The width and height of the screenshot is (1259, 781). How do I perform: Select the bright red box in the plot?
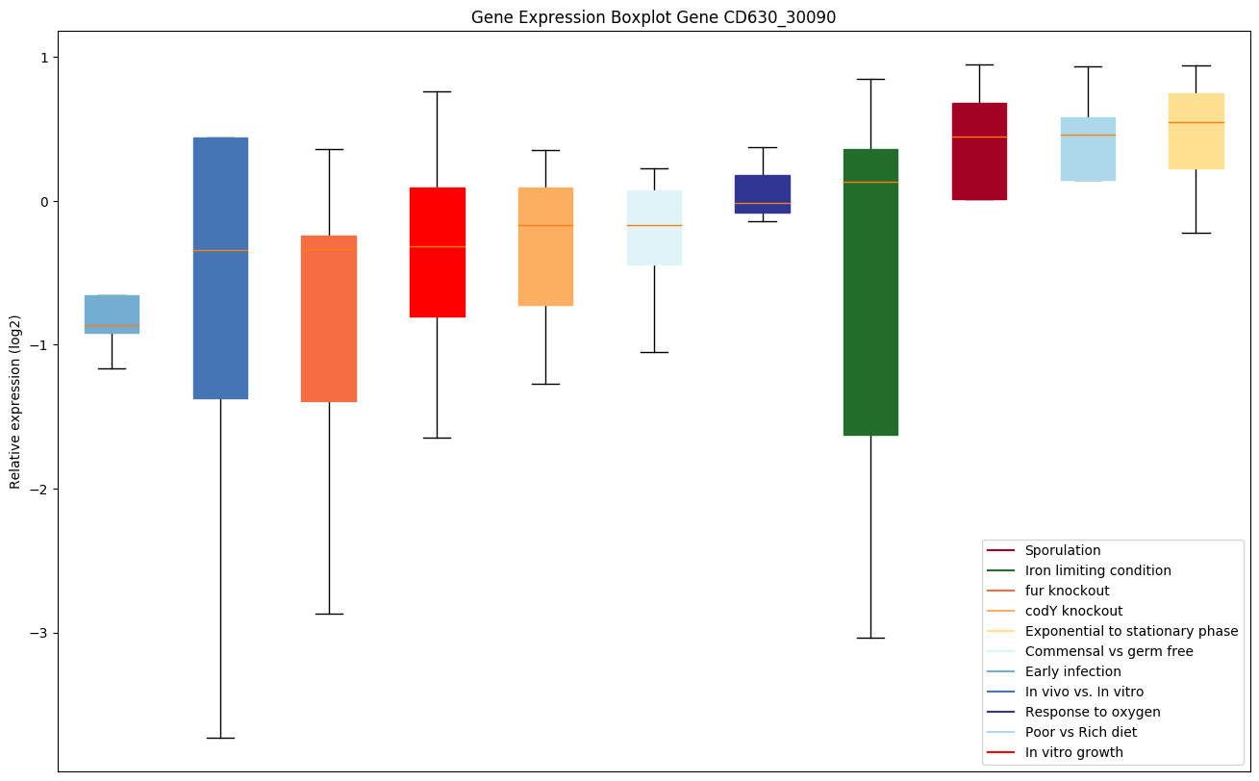point(438,252)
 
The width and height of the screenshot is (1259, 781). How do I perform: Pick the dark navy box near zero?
point(762,193)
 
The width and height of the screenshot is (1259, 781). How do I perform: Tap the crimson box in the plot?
point(979,151)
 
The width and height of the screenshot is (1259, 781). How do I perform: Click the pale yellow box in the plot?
point(1196,131)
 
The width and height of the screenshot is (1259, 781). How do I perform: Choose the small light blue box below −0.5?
point(112,314)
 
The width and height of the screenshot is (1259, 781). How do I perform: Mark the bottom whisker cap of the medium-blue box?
point(220,738)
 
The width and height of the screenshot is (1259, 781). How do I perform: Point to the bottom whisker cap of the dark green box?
point(870,638)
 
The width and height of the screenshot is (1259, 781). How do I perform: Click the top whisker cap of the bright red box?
point(438,91)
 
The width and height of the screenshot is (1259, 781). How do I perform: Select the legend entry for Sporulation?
point(1062,550)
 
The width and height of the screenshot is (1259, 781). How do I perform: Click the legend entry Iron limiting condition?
point(1097,570)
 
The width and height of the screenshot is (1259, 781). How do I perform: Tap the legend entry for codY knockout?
point(1073,611)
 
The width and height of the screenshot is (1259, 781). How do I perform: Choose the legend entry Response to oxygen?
point(1092,712)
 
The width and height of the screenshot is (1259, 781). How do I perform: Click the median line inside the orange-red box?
point(329,249)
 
